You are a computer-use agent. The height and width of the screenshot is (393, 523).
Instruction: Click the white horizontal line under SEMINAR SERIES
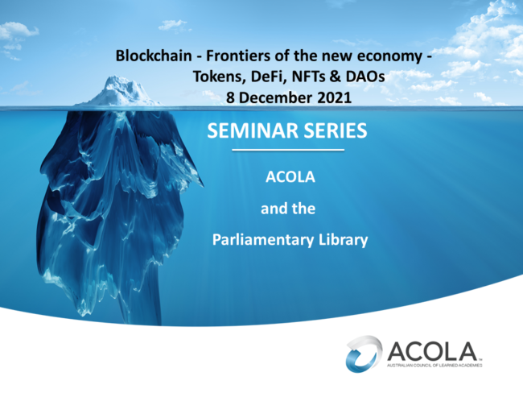click(x=287, y=151)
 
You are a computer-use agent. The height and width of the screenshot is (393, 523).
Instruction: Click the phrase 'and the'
click(x=287, y=209)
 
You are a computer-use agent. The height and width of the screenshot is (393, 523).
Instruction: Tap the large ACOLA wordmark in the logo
click(x=433, y=351)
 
